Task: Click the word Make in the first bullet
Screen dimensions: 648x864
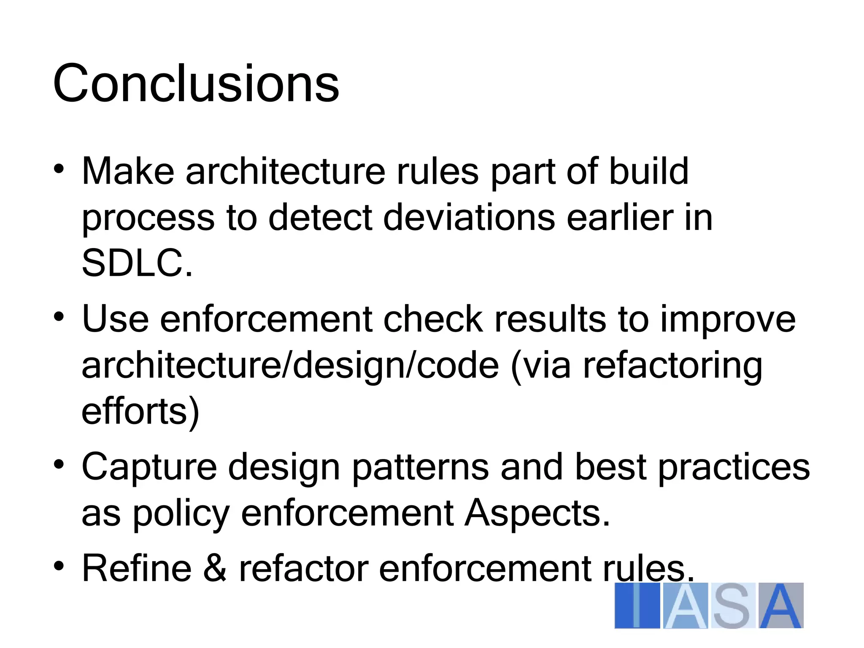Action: click(128, 171)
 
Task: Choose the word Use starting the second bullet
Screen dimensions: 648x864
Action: click(115, 319)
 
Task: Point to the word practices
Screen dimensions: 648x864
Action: click(734, 467)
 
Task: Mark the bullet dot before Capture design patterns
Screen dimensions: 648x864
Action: click(59, 464)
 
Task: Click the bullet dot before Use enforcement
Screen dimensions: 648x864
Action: click(59, 316)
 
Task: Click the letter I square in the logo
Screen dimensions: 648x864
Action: click(637, 606)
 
